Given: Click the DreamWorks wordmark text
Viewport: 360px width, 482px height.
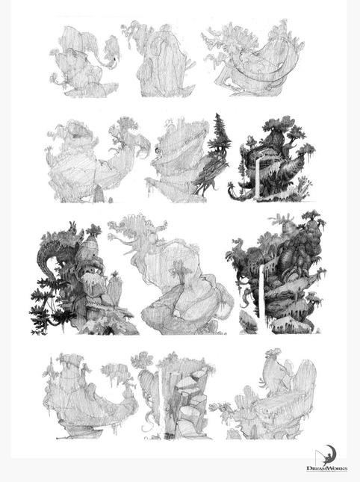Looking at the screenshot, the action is point(327,468).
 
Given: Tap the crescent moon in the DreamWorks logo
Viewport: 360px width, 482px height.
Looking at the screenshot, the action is point(332,453).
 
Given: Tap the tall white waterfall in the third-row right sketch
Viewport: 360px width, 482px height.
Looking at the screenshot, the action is point(262,298).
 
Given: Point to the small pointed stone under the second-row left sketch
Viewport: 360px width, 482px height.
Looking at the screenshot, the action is point(99,194).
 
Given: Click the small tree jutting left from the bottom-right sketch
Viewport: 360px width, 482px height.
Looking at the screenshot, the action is point(222,409).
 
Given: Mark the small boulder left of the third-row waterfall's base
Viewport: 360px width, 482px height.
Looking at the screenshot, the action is point(248,321).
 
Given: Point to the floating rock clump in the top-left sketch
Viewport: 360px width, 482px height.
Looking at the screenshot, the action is point(111,49).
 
